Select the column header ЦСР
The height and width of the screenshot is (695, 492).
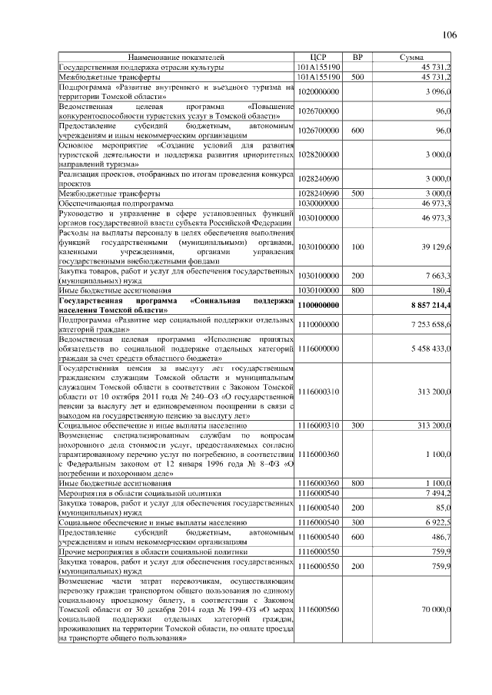318,58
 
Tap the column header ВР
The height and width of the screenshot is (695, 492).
357,58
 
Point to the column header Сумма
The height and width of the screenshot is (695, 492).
413,58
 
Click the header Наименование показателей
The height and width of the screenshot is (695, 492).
177,58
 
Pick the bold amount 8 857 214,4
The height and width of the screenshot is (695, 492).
422,306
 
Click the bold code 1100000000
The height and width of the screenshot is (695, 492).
318,306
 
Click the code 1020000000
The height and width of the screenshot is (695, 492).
318,91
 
